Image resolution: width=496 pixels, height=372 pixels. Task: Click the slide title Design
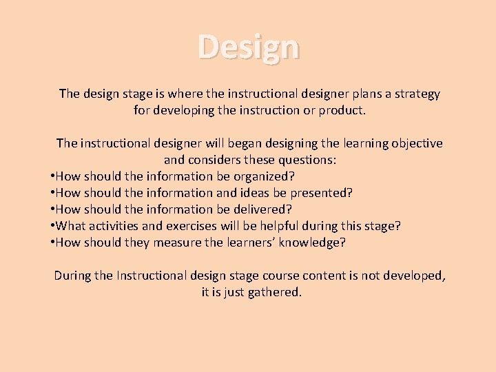[249, 48]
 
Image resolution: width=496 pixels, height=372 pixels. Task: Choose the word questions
[302, 160]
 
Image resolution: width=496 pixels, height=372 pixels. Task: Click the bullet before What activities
[53, 226]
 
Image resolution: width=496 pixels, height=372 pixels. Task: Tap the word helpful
[265, 226]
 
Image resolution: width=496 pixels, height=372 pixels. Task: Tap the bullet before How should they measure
[53, 242]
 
